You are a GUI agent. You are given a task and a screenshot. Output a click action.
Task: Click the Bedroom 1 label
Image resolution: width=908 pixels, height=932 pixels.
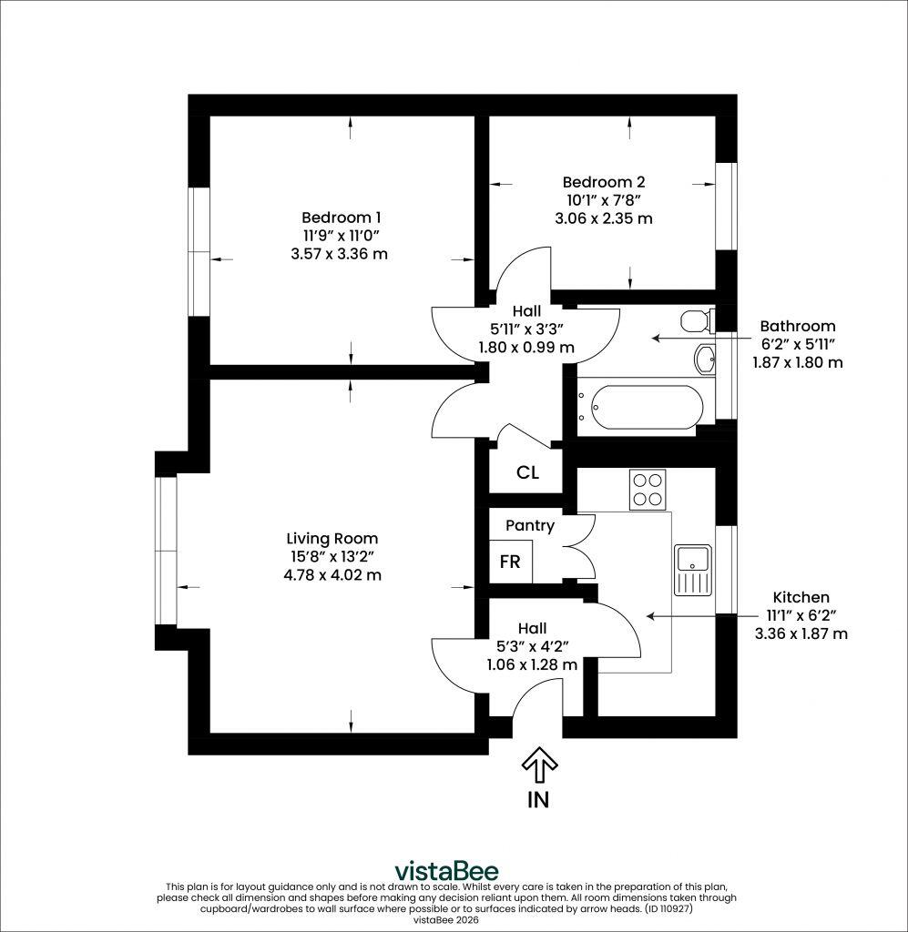click(341, 218)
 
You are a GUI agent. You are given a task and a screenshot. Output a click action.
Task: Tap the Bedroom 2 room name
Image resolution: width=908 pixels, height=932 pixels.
click(604, 182)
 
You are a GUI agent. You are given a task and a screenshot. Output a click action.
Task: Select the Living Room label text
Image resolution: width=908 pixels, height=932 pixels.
click(332, 539)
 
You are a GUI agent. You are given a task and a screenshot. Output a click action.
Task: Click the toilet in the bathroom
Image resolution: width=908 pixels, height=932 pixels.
click(697, 321)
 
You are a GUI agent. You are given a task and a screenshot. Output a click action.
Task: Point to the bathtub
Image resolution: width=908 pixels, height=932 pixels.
click(638, 407)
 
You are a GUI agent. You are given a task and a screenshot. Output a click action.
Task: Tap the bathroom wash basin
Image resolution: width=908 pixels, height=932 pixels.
click(705, 359)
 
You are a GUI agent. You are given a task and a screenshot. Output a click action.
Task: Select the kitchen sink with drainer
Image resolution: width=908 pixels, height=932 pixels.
click(693, 570)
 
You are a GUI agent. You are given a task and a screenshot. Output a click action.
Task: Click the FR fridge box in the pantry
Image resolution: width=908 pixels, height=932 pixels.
click(510, 561)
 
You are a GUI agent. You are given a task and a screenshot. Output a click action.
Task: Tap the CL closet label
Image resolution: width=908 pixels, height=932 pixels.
click(527, 472)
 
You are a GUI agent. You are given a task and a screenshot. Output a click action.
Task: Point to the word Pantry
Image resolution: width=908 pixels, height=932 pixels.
click(530, 526)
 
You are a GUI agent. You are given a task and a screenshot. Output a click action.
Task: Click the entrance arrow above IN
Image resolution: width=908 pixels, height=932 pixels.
click(539, 765)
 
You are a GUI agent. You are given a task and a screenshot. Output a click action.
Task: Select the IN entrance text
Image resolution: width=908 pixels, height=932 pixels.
click(538, 800)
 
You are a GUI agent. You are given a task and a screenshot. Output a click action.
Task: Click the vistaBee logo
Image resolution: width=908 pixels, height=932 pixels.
click(447, 871)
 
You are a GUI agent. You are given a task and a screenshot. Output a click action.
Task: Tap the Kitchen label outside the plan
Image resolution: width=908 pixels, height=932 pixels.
click(801, 597)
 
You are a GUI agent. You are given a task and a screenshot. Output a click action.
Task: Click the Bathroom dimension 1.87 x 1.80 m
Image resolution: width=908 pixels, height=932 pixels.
click(798, 362)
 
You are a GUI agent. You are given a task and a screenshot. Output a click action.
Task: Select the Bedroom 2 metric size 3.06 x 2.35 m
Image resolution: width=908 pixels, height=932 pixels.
click(604, 218)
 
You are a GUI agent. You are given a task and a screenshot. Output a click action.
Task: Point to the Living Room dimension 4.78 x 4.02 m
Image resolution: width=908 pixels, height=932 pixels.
click(332, 575)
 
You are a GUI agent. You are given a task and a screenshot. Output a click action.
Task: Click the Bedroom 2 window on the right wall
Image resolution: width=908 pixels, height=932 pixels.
click(726, 206)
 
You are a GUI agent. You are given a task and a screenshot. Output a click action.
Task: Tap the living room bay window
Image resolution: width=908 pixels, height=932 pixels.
click(166, 551)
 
